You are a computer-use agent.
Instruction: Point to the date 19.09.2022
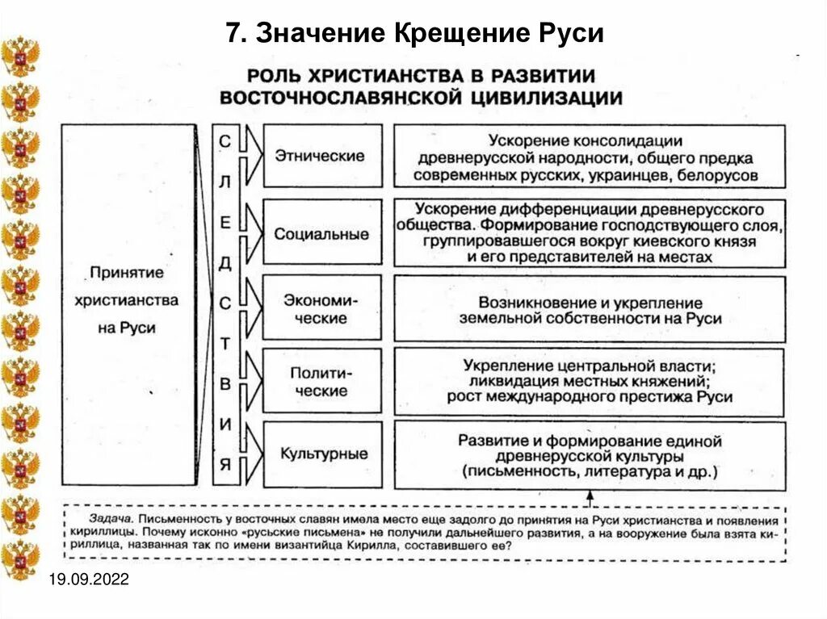[x=89, y=581]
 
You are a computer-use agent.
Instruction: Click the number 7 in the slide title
[x=233, y=36]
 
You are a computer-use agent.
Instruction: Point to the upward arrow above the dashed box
[x=590, y=497]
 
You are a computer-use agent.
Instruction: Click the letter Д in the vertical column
[x=225, y=261]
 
